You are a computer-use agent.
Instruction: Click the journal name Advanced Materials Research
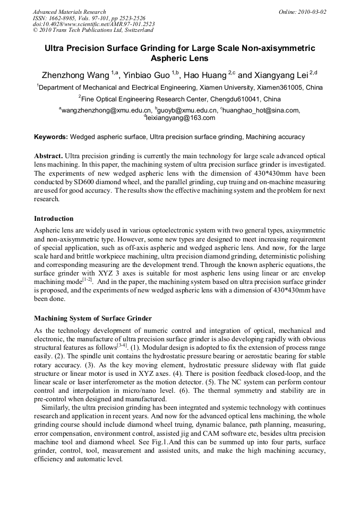pos(69,12)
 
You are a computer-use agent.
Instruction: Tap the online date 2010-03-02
pos(313,12)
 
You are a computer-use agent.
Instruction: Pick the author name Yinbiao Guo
pos(150,75)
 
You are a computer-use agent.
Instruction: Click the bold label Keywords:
pos(51,137)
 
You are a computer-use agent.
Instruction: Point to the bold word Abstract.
pos(48,156)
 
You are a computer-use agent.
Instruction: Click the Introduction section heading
pos(54,219)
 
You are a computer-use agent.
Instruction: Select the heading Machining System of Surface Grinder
pos(93,318)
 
